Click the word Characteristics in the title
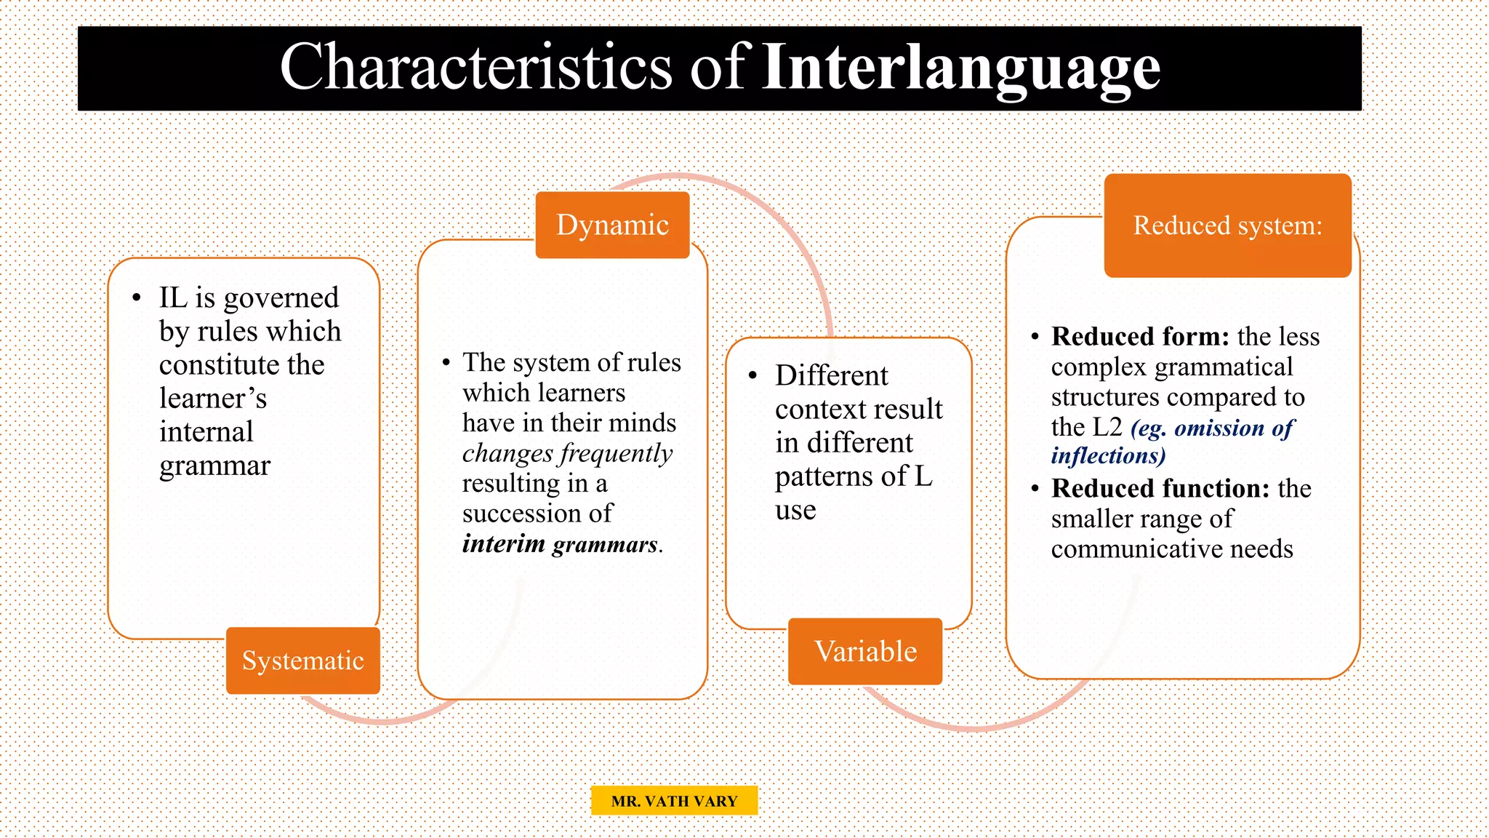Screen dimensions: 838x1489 tap(476, 68)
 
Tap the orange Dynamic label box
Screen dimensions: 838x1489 tap(612, 225)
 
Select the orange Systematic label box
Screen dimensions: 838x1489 tap(302, 661)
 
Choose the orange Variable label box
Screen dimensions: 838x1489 tap(865, 651)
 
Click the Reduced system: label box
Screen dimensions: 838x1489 tap(1227, 226)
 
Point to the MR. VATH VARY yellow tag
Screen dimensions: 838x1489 tap(674, 801)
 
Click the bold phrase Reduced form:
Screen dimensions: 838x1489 tap(1139, 337)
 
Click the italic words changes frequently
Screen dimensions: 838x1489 tap(567, 453)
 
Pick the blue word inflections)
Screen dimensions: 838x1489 tap(1108, 456)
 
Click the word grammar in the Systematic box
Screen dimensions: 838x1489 tap(214, 466)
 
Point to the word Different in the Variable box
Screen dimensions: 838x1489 tap(831, 376)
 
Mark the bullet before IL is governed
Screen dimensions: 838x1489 tap(137, 298)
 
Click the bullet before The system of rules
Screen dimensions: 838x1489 tap(446, 362)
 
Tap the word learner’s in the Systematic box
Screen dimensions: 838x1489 tap(213, 399)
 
